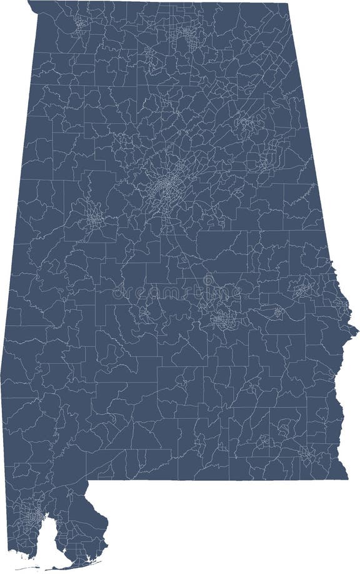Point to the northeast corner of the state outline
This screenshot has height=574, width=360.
tap(287, 4)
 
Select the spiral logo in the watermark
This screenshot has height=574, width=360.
tap(207, 282)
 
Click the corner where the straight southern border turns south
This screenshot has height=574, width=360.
tap(87, 482)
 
